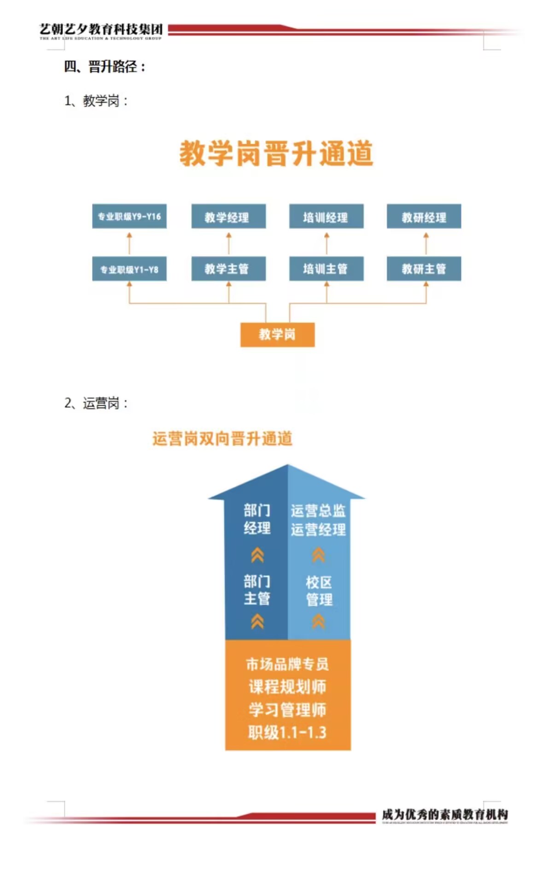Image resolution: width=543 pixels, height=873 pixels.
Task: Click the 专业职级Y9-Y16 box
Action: coord(129,216)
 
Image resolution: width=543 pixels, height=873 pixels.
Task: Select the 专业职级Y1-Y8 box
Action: coord(129,269)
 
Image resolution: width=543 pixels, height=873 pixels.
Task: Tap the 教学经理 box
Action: coord(228,217)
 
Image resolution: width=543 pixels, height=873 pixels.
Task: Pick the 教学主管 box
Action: coord(228,269)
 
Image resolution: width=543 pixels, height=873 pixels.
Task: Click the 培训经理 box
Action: coord(326,217)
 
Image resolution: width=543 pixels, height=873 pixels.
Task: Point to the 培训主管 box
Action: coord(326,269)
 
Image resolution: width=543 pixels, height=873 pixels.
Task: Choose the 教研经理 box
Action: coord(424,217)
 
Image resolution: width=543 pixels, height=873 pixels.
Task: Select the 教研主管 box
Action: coord(424,269)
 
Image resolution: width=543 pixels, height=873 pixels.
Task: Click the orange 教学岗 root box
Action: coord(277,334)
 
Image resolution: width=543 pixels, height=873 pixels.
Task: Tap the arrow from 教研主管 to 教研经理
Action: coord(426,243)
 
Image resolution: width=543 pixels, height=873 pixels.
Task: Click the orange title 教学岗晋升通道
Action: coord(276,153)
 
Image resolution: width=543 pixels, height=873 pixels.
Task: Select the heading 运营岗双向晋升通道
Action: coord(222,439)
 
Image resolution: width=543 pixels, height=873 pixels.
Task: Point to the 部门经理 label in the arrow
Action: coord(257,519)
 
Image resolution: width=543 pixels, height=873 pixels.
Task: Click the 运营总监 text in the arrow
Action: coord(318,510)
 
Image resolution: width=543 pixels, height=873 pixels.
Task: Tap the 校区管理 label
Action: coord(319,591)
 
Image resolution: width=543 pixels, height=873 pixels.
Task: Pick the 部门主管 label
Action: coord(257,590)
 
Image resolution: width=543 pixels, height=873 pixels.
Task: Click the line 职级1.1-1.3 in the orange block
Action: coord(287,732)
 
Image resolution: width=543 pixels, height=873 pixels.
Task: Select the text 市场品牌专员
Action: coord(287,664)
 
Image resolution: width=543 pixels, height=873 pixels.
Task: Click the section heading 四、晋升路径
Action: coord(105,67)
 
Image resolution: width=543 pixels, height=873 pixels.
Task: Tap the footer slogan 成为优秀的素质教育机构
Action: coord(444,814)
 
